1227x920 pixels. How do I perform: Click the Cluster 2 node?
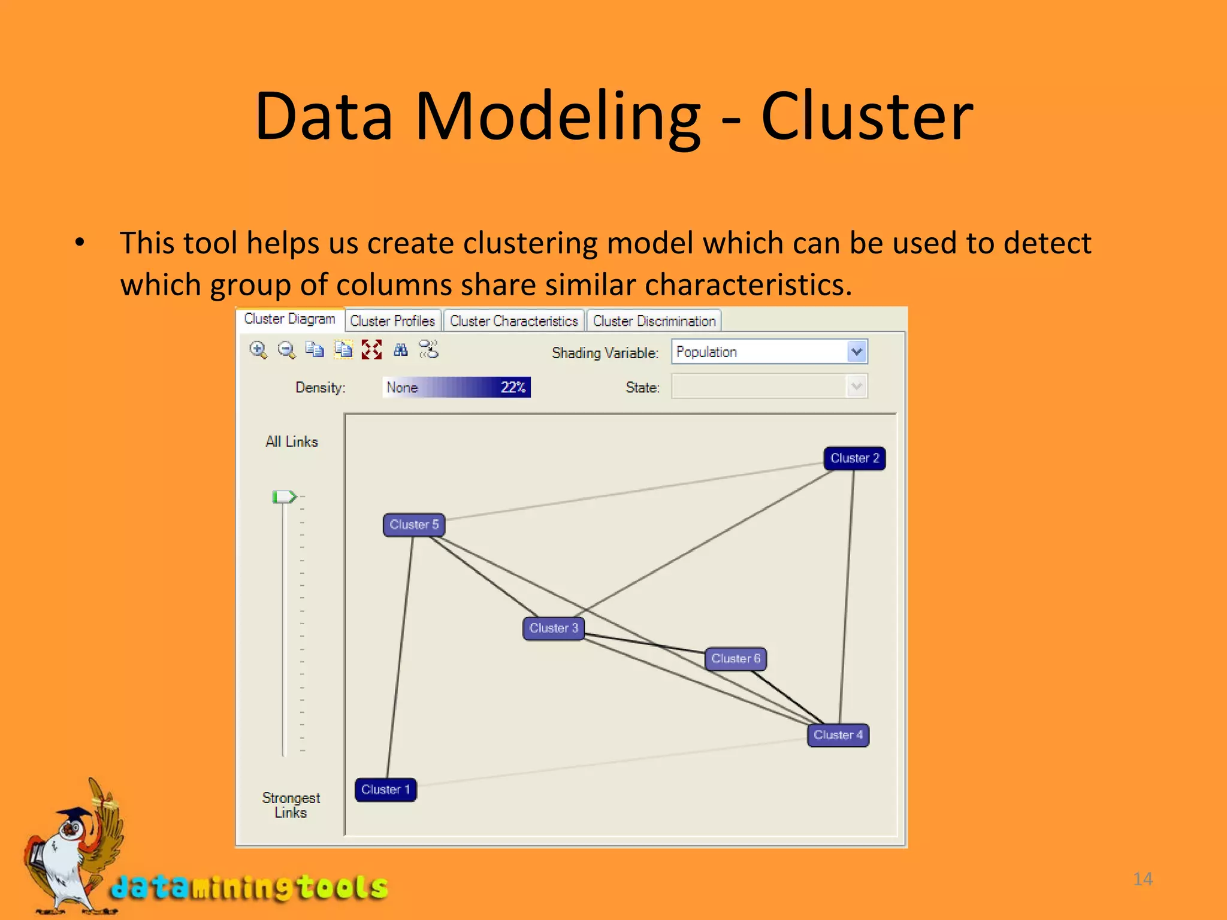pos(854,459)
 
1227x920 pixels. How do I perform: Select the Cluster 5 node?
pos(414,525)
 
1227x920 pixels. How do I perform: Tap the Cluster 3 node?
pos(554,628)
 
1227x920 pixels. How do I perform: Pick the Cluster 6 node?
pos(736,659)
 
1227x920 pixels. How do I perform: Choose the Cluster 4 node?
pos(838,735)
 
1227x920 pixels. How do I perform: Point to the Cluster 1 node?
pos(385,789)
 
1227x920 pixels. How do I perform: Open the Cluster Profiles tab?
pos(392,321)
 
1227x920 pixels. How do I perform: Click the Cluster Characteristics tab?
pos(513,321)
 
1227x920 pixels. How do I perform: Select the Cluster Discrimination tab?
pos(654,321)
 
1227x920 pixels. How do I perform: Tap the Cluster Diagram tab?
pos(290,319)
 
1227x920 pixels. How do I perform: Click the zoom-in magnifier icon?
pos(258,350)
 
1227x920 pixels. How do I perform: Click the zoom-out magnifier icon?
pos(287,350)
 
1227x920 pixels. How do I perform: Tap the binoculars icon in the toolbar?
pos(401,350)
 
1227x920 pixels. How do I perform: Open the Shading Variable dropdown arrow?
pos(857,352)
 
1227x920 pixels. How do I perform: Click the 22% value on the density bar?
pos(513,388)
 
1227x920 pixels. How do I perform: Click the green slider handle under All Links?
pos(283,497)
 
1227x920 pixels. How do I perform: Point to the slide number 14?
pos(1143,879)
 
